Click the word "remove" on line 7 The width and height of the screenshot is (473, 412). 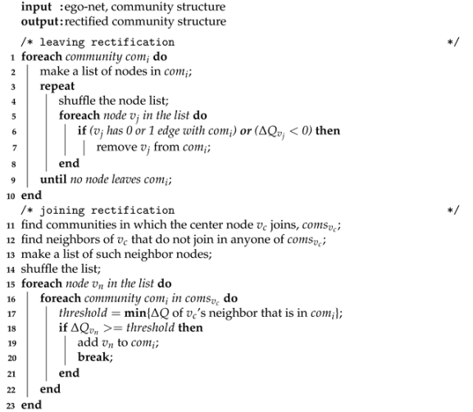tap(113, 148)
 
